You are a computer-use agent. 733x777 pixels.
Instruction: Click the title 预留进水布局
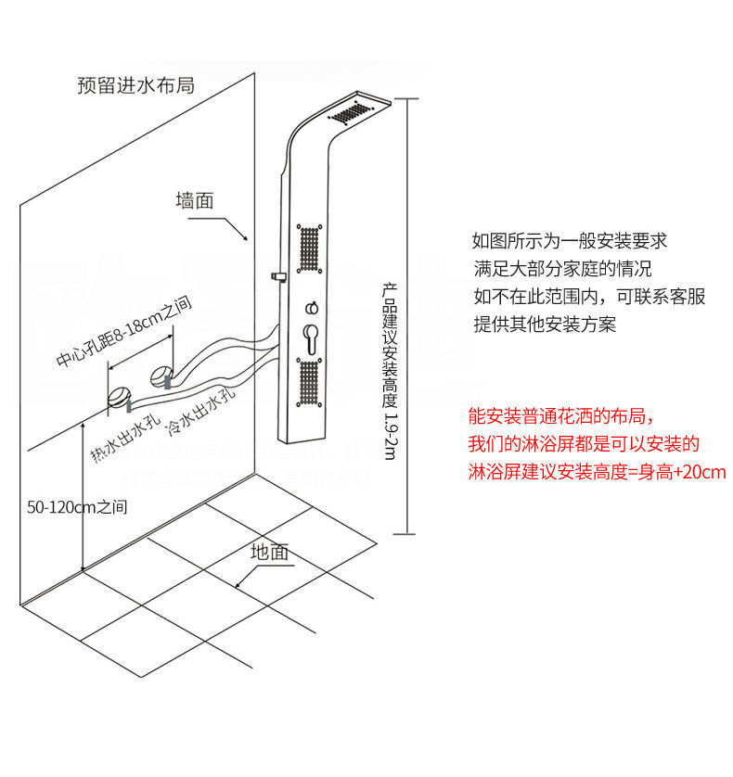click(x=135, y=86)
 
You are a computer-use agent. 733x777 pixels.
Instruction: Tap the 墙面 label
click(x=195, y=200)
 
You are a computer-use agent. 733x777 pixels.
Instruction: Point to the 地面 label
click(x=270, y=552)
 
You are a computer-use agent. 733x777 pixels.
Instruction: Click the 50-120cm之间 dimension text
click(x=76, y=507)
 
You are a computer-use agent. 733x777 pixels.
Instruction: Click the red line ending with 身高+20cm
click(x=598, y=473)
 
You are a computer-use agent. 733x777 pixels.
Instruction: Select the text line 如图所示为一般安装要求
click(x=570, y=241)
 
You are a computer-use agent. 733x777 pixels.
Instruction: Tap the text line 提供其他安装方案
click(x=545, y=325)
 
